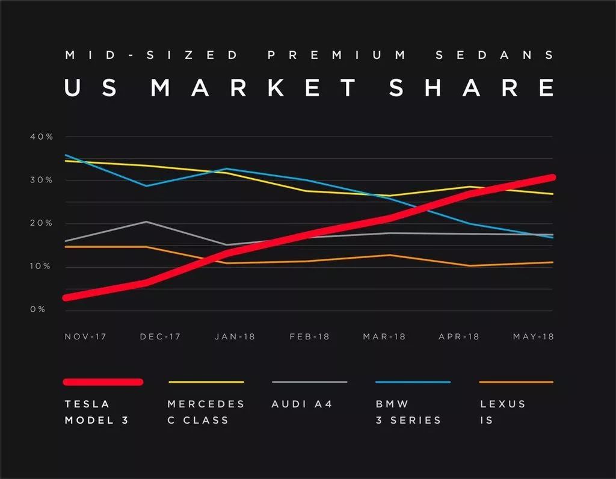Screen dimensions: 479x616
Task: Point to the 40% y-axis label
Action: point(42,137)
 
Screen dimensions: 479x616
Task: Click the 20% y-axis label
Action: point(42,223)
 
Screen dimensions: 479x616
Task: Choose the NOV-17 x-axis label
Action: point(85,336)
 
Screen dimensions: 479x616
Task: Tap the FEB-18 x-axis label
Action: point(309,336)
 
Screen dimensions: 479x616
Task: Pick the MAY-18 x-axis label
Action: point(533,336)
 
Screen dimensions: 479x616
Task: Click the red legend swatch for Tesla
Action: point(103,382)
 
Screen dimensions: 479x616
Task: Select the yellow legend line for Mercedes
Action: point(206,382)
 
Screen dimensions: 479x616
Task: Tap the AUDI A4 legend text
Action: point(302,404)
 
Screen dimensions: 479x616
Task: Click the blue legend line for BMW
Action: point(413,382)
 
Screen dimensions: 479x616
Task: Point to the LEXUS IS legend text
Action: point(502,412)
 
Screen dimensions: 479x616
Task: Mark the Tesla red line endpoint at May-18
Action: point(552,178)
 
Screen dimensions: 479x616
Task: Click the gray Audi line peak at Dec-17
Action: point(146,221)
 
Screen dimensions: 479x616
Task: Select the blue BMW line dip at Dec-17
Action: point(146,185)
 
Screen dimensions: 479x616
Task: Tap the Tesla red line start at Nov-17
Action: point(67,297)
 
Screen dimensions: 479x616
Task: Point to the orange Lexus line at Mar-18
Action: point(389,255)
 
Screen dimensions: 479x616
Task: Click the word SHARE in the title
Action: point(471,88)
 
